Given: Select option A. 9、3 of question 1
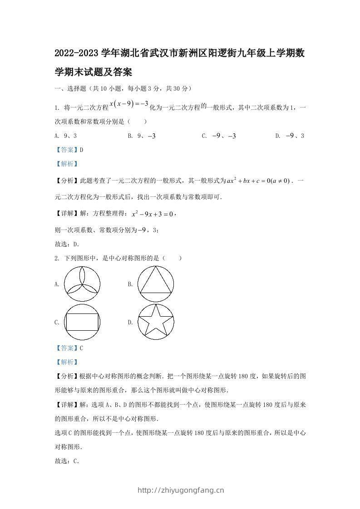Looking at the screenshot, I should tap(65, 136).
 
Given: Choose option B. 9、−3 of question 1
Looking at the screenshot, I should tap(142, 136).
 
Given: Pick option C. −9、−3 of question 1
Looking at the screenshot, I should tap(219, 136).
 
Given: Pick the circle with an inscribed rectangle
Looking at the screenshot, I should tap(82, 322).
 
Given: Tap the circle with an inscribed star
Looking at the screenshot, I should tap(156, 322).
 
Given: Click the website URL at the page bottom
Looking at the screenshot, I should tap(180, 490).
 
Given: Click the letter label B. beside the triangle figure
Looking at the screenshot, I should tap(130, 284).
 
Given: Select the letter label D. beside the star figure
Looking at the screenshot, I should tap(130, 323).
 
